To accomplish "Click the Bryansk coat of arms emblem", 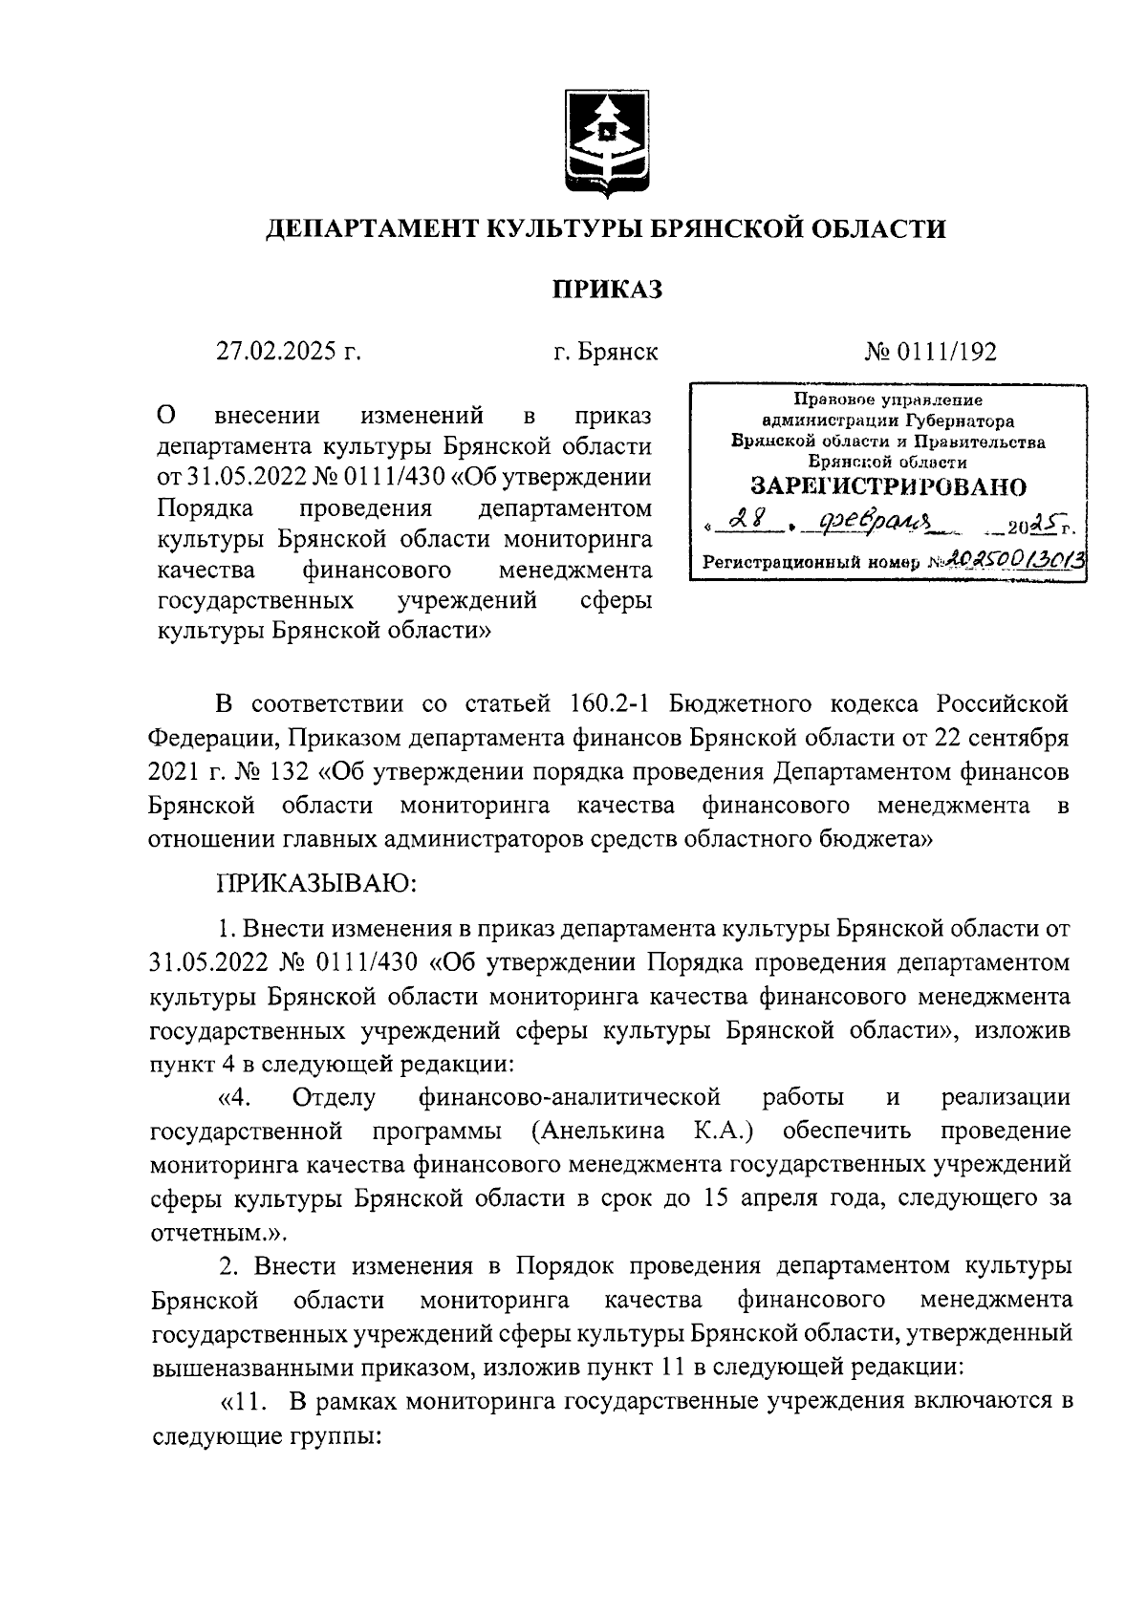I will (x=605, y=144).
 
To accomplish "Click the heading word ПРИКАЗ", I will (x=605, y=290).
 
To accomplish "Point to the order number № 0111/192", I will (x=931, y=352).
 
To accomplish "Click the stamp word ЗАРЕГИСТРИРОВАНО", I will (x=888, y=486).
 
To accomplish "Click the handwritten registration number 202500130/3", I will (x=1017, y=561).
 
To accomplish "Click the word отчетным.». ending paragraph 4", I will (x=198, y=1231).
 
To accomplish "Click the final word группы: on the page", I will (x=330, y=1436).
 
